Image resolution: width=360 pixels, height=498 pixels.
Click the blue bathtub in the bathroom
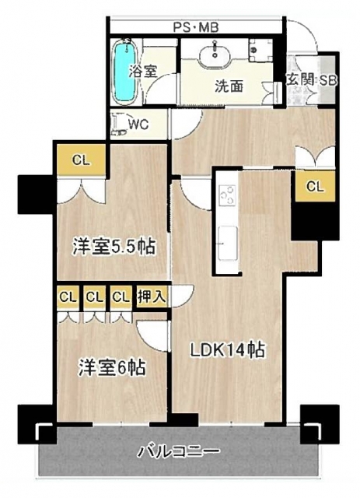pos(125,72)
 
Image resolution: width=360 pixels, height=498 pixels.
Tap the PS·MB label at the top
pos(196,28)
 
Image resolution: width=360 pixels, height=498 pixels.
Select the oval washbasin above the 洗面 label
pos(215,57)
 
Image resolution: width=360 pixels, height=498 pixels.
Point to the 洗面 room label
pos(229,86)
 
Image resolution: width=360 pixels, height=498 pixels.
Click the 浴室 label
pos(143,71)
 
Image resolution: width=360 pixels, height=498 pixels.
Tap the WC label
pos(138,124)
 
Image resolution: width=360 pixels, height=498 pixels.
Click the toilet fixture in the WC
pos(119,124)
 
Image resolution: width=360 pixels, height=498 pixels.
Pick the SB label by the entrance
pos(327,80)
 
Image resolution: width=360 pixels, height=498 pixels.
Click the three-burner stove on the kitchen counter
pos(228,195)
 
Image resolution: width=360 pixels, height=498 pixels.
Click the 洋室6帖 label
pos(113,367)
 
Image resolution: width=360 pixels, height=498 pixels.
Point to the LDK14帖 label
pos(228,350)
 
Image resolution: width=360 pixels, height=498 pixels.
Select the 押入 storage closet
pos(152,297)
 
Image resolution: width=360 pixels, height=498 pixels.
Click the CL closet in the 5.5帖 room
pos(81,160)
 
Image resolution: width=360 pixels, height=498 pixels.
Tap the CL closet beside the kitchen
pos(315,186)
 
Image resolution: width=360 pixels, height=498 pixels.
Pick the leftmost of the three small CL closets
pos(68,297)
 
